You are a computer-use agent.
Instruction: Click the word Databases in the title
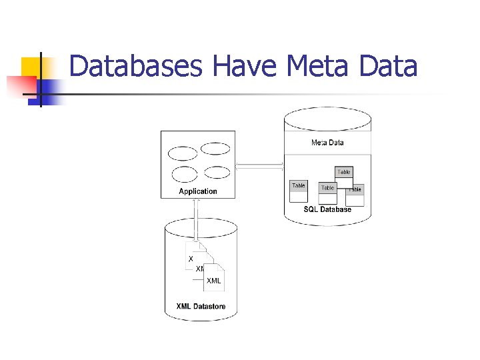pyautogui.click(x=136, y=67)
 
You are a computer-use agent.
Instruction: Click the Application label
pyautogui.click(x=198, y=191)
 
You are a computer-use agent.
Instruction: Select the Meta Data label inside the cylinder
pyautogui.click(x=327, y=143)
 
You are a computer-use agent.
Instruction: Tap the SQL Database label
pyautogui.click(x=327, y=209)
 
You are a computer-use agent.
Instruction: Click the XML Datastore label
pyautogui.click(x=201, y=307)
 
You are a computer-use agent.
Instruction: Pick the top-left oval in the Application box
pyautogui.click(x=183, y=154)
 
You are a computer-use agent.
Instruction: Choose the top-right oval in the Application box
pyautogui.click(x=215, y=149)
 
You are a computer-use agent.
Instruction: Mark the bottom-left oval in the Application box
pyautogui.click(x=185, y=175)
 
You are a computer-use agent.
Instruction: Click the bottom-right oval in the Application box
pyautogui.click(x=217, y=173)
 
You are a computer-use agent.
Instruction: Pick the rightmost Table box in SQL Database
pyautogui.click(x=355, y=194)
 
